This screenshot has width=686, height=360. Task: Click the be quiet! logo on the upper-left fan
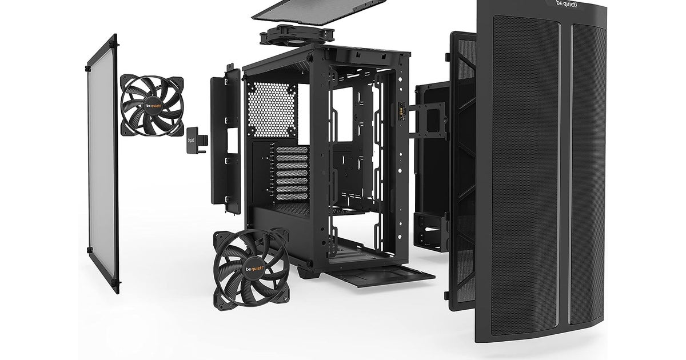point(153,106)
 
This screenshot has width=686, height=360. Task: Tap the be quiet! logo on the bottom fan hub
point(254,269)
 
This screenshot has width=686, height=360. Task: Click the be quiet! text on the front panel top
point(567,3)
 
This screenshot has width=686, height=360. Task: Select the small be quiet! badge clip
point(196,141)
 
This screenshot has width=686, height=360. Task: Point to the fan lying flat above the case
point(297,36)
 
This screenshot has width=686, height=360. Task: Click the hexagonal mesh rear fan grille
point(272,110)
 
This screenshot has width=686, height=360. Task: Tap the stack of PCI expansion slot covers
point(292,173)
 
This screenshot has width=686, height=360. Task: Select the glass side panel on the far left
point(102,164)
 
